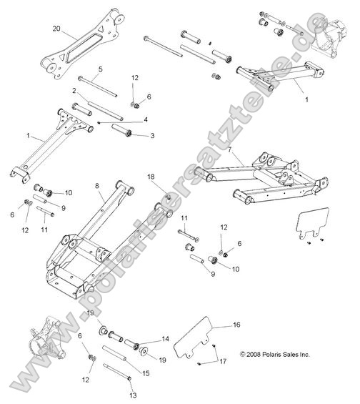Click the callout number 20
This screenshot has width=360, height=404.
click(x=56, y=29)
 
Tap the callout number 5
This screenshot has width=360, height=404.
click(x=100, y=69)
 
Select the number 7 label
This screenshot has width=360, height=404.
click(x=230, y=149)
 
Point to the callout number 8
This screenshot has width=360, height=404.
click(x=96, y=186)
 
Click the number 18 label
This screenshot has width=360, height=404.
click(x=151, y=176)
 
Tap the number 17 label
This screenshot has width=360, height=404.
click(x=223, y=362)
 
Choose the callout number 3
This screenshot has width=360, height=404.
click(x=151, y=134)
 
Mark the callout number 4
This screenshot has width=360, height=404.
click(x=146, y=119)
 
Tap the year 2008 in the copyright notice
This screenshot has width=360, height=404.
click(x=256, y=353)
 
